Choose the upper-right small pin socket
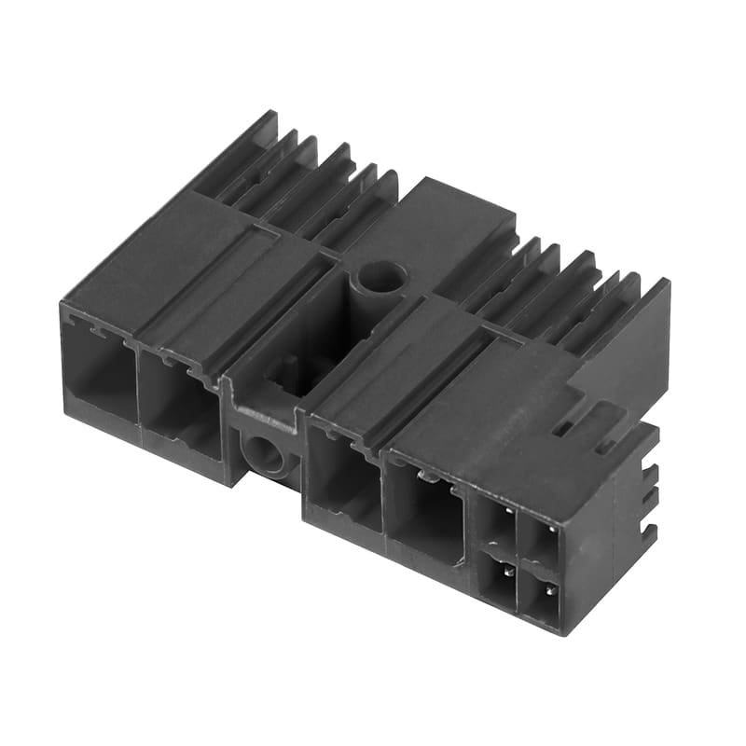(540, 541)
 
